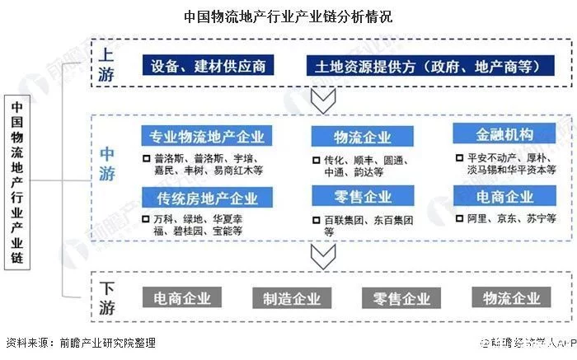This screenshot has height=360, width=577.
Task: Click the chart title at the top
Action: pos(288,16)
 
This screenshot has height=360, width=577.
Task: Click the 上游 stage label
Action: pos(107,63)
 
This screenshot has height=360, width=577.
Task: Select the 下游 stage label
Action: pos(107,298)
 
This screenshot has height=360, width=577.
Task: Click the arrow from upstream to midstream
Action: pos(319,102)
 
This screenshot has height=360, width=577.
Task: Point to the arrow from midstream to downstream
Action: pos(319,256)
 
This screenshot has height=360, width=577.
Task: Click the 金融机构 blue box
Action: pos(504,134)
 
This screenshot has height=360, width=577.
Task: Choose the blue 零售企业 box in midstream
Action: pos(362,197)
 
